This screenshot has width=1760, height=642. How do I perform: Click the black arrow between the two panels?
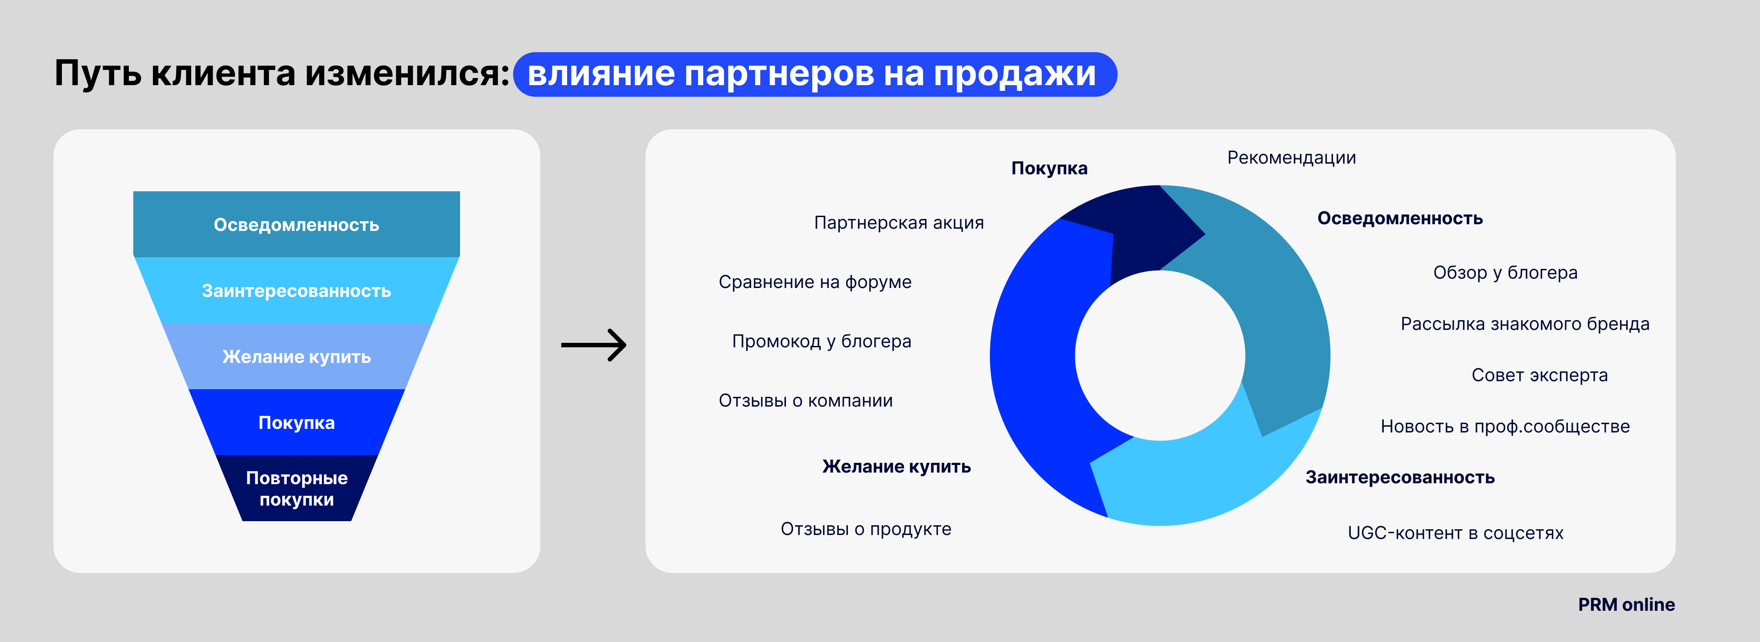[593, 345]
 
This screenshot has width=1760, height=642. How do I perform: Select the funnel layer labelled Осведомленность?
[296, 224]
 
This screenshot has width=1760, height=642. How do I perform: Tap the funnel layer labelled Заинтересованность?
[296, 290]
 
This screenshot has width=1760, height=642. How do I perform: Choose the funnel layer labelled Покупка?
[296, 422]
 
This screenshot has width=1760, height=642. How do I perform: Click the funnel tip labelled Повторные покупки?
[296, 488]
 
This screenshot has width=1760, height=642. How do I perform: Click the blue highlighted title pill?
[814, 74]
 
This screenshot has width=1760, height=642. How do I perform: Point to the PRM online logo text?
[1626, 605]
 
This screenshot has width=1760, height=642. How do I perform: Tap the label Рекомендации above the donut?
[1291, 158]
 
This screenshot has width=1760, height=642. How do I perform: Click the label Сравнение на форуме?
[814, 282]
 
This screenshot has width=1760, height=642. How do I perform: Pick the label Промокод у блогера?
[821, 342]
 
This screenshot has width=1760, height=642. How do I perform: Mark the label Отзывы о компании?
[806, 400]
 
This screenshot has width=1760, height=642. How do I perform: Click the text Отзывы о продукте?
[866, 529]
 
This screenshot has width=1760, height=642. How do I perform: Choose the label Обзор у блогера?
[1505, 272]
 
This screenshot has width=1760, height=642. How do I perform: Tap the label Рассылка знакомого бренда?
[1525, 324]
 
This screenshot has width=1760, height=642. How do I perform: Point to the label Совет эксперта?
[1539, 375]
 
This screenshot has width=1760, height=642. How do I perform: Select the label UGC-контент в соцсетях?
[1455, 533]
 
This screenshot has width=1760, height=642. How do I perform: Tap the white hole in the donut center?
[1160, 355]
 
